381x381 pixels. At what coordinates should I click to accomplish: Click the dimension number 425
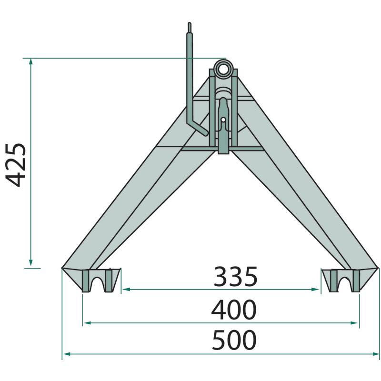pos(16,165)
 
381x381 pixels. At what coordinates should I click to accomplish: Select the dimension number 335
pos(235,277)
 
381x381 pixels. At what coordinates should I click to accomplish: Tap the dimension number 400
pos(234,310)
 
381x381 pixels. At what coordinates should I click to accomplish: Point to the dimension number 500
pos(234,340)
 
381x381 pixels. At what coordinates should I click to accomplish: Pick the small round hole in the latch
pos(223,120)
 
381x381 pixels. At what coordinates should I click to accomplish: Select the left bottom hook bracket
pos(97,281)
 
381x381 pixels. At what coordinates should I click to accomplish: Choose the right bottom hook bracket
pos(345,281)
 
